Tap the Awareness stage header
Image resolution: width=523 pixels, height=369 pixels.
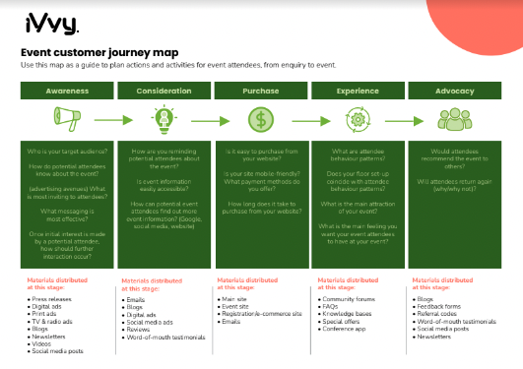click(67, 91)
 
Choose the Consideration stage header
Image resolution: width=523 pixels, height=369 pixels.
click(163, 91)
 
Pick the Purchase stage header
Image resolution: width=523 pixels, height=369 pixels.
click(260, 91)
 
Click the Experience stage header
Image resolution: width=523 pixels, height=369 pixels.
click(357, 91)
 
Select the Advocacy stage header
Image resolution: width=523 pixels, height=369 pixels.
click(453, 91)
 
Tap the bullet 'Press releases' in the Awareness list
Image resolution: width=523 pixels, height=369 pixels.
click(54, 297)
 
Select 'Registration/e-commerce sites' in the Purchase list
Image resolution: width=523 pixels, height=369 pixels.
click(266, 313)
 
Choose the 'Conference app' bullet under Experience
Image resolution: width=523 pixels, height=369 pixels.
click(347, 329)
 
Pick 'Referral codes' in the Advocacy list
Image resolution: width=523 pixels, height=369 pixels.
click(440, 313)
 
